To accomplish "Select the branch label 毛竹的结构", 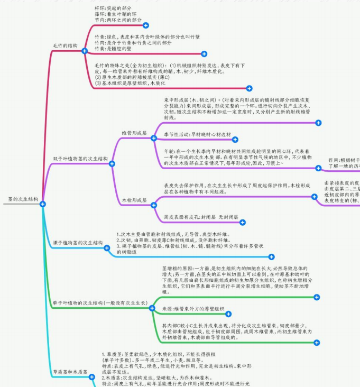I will pyautogui.click(x=64, y=46).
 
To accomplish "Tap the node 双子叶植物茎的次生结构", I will pyautogui.click(x=80, y=159).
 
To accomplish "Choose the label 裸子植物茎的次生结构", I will pyautogui.click(x=78, y=243).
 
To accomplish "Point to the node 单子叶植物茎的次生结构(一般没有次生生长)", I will pyautogui.click(x=99, y=303).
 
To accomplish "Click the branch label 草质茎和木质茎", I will pyautogui.click(x=70, y=372).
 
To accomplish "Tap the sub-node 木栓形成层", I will pyautogui.click(x=134, y=200).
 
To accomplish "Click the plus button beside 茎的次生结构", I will pyautogui.click(x=43, y=204).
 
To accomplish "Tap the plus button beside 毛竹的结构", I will pyautogui.click(x=85, y=51).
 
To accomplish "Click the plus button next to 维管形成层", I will pyautogui.click(x=154, y=138).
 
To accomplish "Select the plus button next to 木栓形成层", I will pyautogui.click(x=154, y=205).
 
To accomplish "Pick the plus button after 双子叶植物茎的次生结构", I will pyautogui.click(x=112, y=164).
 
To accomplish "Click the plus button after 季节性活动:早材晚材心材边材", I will pyautogui.click(x=236, y=140).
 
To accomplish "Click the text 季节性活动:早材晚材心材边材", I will pyautogui.click(x=197, y=134).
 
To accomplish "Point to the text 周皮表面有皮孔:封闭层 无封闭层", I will pyautogui.click(x=201, y=217).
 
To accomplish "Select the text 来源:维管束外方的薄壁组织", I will pyautogui.click(x=193, y=309).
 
